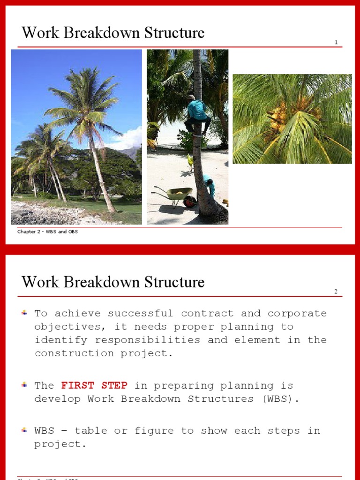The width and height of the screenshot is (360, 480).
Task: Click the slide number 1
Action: tap(336, 42)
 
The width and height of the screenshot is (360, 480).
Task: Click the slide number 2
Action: tap(336, 292)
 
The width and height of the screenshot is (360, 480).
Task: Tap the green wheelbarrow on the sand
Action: tap(176, 194)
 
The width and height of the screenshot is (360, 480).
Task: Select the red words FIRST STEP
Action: tap(94, 385)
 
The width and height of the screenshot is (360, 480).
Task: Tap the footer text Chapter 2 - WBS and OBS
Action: tap(48, 232)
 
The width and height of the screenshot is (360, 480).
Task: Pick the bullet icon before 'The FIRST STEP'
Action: tap(24, 385)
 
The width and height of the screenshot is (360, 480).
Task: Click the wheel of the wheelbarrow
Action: tap(189, 202)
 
